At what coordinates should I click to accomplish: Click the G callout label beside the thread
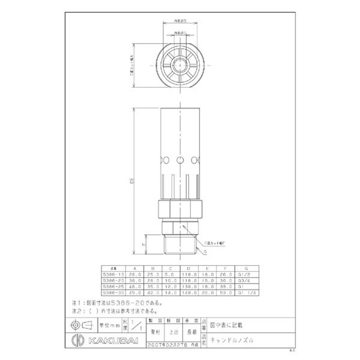pos(205,252)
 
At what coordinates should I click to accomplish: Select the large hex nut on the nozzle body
pos(179,207)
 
